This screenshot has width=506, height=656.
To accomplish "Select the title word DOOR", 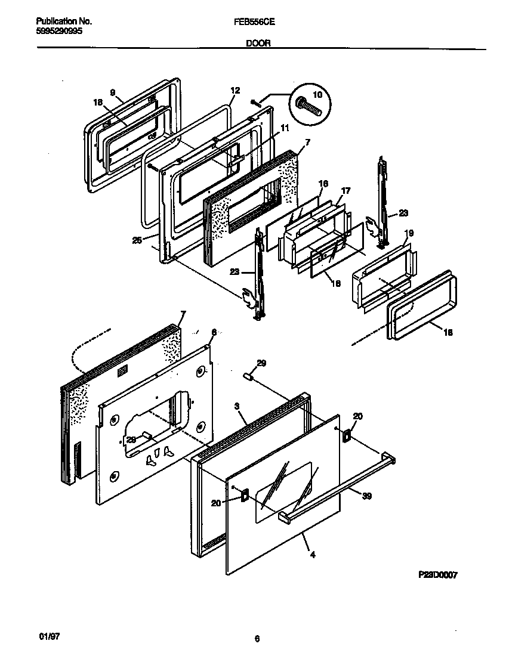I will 257,43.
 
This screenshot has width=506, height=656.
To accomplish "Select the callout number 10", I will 317,95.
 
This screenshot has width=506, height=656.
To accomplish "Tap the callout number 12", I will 235,90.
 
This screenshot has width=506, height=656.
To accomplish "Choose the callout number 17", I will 345,190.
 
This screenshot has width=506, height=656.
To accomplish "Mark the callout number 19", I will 409,233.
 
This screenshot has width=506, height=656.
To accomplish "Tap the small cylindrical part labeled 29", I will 249,376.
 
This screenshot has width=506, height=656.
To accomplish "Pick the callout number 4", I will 313,555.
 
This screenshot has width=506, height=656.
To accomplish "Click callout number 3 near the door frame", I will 237,406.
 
